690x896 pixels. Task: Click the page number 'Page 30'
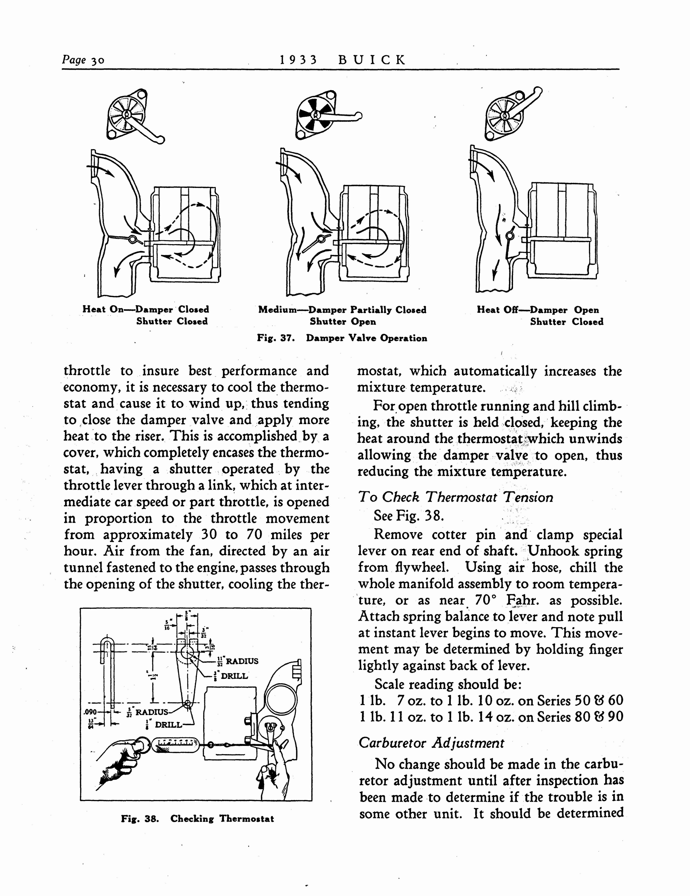pos(83,60)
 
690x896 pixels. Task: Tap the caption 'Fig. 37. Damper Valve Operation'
pos(342,338)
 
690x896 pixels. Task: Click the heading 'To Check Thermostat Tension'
pos(455,497)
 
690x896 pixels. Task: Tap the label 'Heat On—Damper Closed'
pos(146,309)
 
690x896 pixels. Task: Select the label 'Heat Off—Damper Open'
pos(537,310)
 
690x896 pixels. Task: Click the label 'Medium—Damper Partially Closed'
pos(342,310)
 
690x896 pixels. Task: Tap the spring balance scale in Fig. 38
pos(175,745)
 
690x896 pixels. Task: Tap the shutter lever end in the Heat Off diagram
pos(538,91)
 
